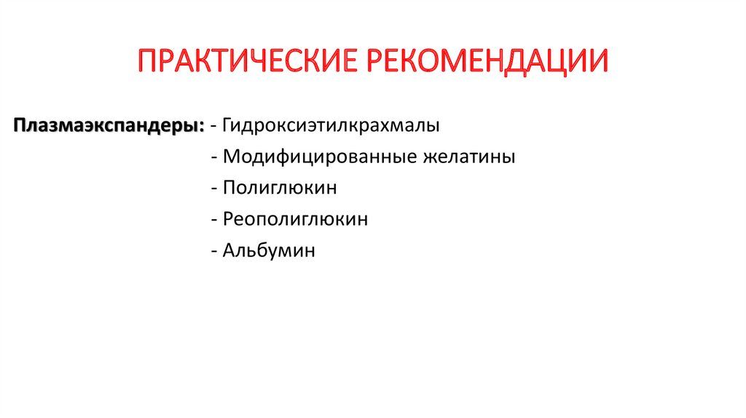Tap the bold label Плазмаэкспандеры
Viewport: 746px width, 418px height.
point(106,125)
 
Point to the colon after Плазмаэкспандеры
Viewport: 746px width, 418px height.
point(201,125)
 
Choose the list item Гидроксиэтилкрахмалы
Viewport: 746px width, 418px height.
point(331,125)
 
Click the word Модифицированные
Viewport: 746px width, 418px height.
point(320,157)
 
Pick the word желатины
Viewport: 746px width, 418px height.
point(469,157)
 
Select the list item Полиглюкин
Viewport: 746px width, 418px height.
point(280,188)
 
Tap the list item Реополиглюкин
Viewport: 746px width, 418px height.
point(296,219)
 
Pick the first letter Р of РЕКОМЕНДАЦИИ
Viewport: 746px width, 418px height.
point(376,62)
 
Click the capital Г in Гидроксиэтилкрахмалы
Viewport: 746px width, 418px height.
point(228,125)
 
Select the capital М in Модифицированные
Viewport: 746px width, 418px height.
point(232,157)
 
